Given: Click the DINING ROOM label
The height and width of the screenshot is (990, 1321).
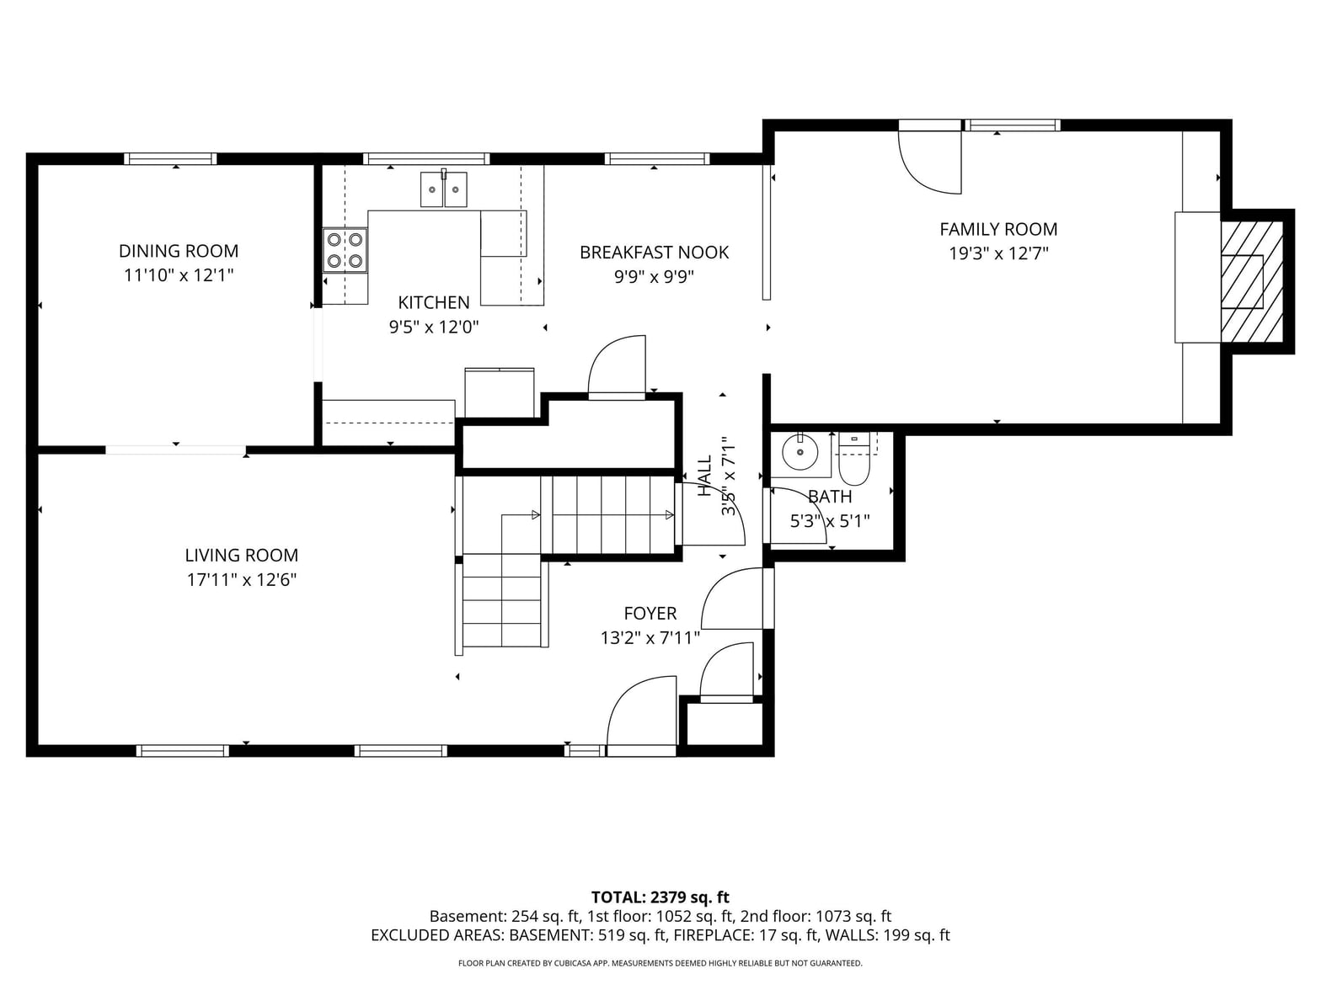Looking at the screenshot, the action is pos(178,251).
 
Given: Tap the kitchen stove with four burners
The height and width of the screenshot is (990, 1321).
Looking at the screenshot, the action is pos(345,250).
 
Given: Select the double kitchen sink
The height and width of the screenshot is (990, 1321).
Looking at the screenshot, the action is pos(443,189).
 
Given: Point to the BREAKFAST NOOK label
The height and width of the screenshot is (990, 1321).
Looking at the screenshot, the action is pos(654,253).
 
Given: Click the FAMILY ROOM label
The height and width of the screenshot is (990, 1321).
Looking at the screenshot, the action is pos(997,229).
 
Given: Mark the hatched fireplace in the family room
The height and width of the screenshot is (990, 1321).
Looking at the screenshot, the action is pos(1251,282).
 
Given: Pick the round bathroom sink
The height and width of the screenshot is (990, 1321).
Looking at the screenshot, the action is pos(800,451).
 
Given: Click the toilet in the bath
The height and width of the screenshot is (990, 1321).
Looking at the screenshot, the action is pos(854,460).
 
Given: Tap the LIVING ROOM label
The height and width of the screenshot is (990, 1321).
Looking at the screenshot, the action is pos(241,555).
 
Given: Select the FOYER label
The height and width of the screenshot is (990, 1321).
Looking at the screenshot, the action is pos(650,613).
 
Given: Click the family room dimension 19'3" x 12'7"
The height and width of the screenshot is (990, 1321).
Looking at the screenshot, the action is pos(998,253).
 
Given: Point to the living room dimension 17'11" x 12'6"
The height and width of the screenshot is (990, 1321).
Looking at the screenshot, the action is pos(241,579).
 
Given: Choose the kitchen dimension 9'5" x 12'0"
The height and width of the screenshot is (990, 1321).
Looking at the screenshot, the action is pos(433,327).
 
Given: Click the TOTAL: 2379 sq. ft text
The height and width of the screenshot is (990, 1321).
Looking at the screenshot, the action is pos(660,897).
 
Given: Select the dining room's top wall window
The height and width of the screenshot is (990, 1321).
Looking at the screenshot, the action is pos(170,159).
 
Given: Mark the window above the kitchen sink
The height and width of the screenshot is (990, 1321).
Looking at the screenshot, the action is pos(426,159).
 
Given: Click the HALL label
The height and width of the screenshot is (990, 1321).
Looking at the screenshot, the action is pos(705,476).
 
